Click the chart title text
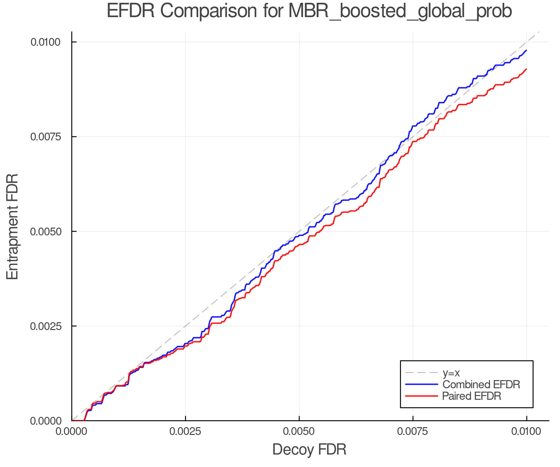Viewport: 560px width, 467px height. (309, 11)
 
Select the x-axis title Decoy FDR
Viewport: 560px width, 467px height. (309, 450)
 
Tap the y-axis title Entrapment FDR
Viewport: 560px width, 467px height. (12, 226)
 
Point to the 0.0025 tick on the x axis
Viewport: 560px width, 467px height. (185, 431)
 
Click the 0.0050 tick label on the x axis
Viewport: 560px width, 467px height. (299, 431)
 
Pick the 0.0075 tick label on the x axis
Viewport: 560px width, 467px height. (413, 431)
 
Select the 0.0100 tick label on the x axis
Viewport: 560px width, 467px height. (526, 431)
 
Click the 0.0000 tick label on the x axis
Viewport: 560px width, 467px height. (72, 431)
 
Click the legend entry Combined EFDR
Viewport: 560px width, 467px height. (481, 384)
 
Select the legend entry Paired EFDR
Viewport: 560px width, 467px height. (472, 396)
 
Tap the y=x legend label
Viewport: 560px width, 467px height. (451, 373)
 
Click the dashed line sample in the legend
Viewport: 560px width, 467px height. (422, 373)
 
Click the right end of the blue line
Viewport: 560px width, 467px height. (526, 50)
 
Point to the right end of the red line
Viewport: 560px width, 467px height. (526, 69)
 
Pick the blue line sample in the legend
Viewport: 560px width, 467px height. (422, 384)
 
